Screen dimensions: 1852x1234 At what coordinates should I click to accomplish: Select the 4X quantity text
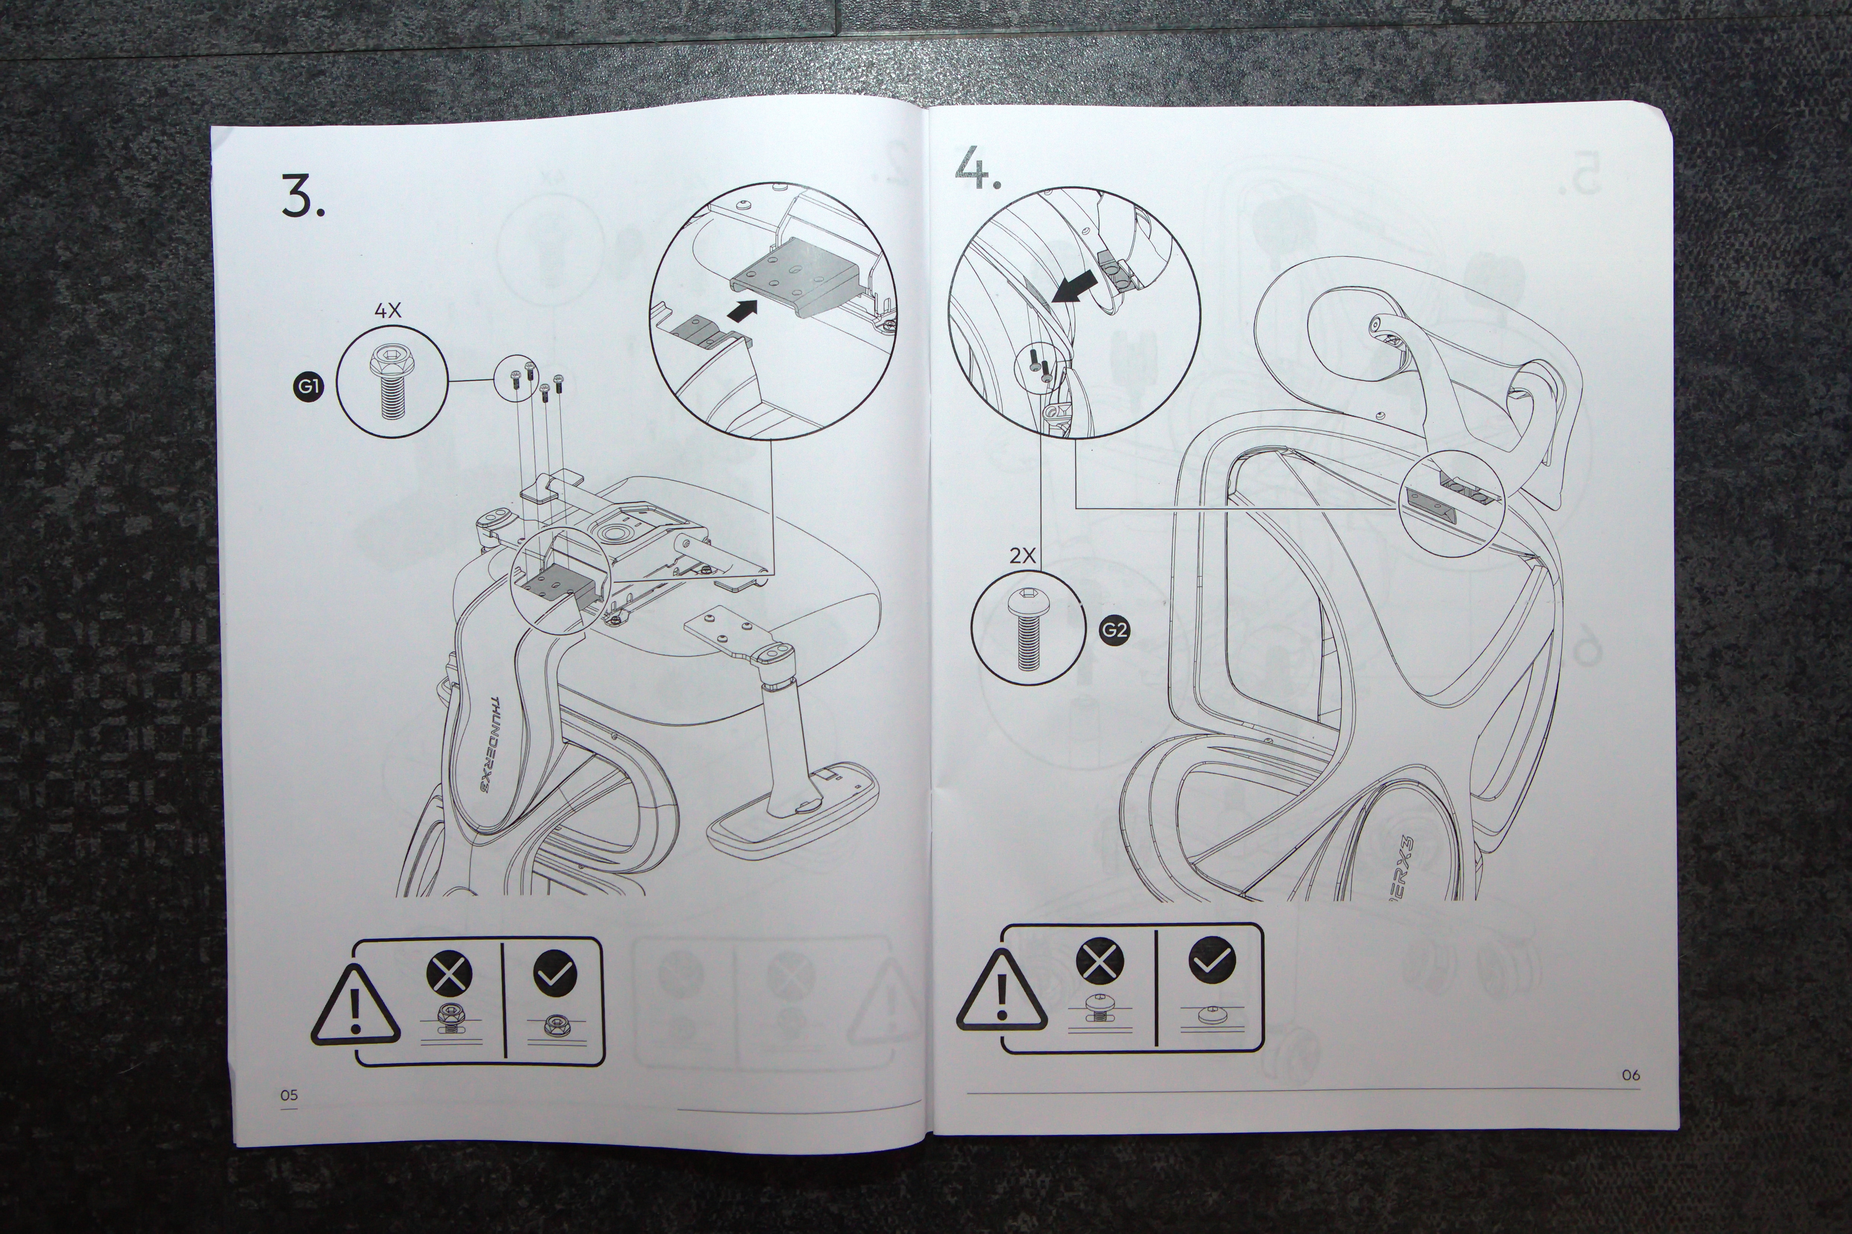pyautogui.click(x=387, y=311)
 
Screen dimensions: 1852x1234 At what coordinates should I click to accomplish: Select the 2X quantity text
pyautogui.click(x=1022, y=556)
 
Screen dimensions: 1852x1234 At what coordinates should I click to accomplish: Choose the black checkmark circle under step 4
pyautogui.click(x=1212, y=960)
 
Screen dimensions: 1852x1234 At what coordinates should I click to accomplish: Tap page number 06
pyautogui.click(x=1631, y=1074)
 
